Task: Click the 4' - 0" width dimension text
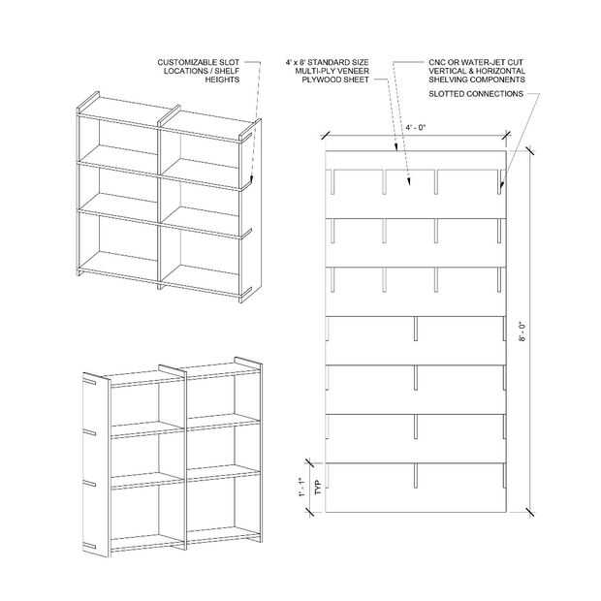[416, 127]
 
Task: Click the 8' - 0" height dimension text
[522, 332]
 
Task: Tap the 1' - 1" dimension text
[302, 488]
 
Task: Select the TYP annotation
[317, 488]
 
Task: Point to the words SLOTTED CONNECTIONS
[476, 94]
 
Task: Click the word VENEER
[355, 71]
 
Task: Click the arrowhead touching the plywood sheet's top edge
[396, 147]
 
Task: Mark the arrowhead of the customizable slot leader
[251, 179]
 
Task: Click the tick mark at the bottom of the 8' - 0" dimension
[530, 512]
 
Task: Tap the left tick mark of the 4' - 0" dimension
[326, 136]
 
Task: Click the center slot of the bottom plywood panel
[416, 476]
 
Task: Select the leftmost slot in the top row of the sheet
[332, 181]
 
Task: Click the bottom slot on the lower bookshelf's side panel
[89, 546]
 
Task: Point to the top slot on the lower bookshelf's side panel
[89, 382]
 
